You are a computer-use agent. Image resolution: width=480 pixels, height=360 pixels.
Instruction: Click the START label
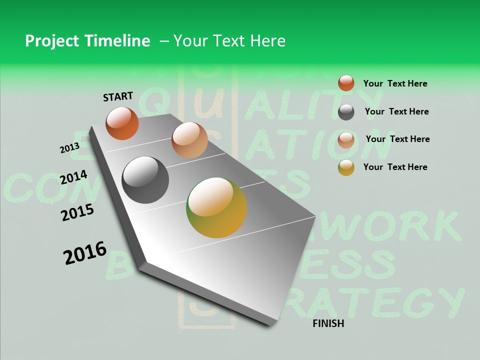118,96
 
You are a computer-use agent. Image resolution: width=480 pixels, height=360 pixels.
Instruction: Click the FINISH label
328,323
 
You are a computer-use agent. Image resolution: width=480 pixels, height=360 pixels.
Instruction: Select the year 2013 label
69,148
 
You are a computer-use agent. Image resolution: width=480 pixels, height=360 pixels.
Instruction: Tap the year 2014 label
73,177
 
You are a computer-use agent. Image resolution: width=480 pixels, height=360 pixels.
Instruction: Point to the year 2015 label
77,212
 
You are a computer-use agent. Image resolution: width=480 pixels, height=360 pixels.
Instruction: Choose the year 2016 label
85,253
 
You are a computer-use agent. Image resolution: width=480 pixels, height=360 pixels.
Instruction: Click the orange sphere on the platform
122,123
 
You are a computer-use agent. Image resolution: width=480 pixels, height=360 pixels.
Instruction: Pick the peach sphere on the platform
189,139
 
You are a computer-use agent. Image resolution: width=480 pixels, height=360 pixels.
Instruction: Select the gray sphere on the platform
145,180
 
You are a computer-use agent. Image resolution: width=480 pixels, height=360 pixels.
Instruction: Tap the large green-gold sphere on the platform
216,207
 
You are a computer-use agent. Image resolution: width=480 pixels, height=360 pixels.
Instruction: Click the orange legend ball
346,83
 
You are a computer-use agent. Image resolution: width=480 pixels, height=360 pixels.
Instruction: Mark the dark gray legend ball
346,112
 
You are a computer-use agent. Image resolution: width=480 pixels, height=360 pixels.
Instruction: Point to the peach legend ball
346,140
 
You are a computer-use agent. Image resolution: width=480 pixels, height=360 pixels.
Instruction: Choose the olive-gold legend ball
346,167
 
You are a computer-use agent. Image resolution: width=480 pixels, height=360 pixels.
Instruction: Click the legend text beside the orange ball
395,83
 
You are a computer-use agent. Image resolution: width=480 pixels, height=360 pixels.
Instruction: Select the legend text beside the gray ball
396,111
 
